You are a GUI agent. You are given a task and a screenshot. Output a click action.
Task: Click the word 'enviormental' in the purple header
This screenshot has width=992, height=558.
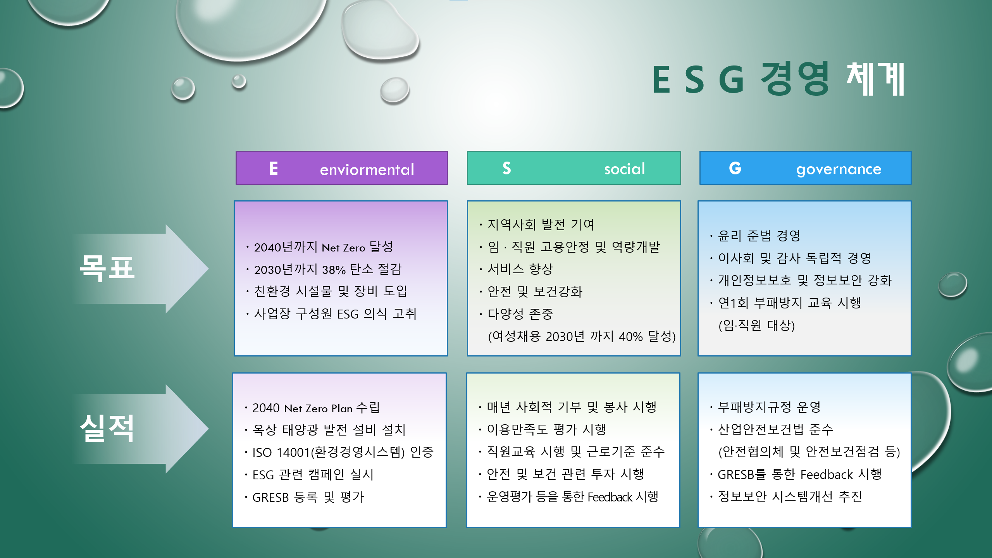pos(367,169)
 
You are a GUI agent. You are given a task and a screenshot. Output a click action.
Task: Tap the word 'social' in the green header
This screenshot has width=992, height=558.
pos(624,169)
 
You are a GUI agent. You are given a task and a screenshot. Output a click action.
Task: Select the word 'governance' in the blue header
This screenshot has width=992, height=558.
pos(839,170)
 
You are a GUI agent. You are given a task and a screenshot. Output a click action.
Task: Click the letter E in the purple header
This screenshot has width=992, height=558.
pos(274,168)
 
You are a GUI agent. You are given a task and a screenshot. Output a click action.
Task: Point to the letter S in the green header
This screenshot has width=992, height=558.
pos(506,168)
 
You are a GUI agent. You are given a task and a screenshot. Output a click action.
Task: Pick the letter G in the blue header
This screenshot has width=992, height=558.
pos(735,168)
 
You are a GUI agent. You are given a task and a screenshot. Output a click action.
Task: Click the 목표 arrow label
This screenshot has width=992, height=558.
pos(107,268)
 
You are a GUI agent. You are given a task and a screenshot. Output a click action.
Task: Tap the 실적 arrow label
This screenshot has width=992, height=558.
pos(107,428)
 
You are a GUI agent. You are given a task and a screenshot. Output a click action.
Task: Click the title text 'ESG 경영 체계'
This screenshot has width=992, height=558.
pos(778,79)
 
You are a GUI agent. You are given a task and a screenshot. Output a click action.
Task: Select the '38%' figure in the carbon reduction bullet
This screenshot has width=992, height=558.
pos(334,270)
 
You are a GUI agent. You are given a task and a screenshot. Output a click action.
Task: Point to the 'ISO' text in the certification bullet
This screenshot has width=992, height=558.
pos(262,452)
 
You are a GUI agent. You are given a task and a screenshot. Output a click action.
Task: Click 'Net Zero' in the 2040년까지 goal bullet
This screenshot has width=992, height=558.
pos(343,248)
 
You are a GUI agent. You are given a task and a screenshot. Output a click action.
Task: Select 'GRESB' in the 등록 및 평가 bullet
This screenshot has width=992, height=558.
pos(270,497)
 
